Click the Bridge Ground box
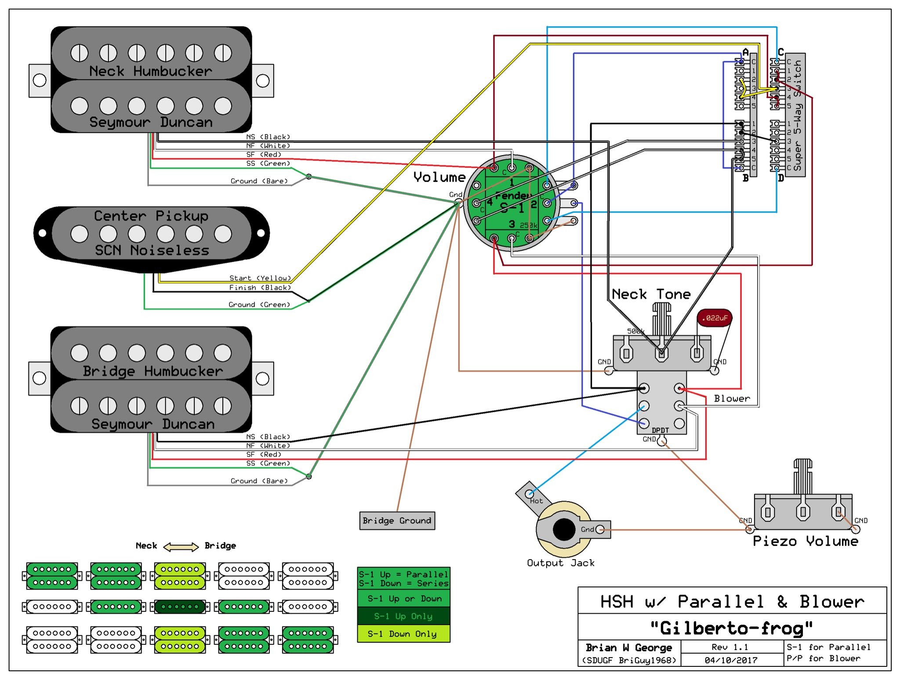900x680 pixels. (397, 520)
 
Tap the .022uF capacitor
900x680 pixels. (715, 318)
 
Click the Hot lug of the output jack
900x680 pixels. (530, 494)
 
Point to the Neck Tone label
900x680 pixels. (651, 294)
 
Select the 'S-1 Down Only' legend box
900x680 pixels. (403, 633)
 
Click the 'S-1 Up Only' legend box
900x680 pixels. (403, 616)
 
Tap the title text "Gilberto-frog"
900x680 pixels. (731, 628)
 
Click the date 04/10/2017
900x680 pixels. (731, 660)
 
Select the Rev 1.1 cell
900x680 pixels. (731, 647)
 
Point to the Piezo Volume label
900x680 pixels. (805, 541)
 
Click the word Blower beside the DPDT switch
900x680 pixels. (732, 398)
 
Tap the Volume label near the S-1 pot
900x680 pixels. (439, 177)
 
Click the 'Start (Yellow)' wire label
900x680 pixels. (260, 278)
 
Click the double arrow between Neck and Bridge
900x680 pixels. (181, 547)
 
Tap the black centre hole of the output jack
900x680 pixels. (564, 529)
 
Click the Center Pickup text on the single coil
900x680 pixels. (151, 216)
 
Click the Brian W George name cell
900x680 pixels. (629, 647)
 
